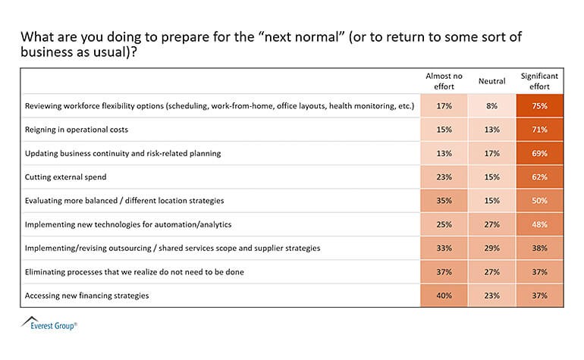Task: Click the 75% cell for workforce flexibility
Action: [539, 105]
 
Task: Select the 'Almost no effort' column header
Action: [444, 81]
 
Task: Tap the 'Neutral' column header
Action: [491, 81]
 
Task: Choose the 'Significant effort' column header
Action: [539, 81]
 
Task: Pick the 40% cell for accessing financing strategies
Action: [444, 296]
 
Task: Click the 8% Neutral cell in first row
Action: [491, 105]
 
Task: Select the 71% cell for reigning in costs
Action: [539, 129]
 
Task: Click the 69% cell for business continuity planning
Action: [539, 152]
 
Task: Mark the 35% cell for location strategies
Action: [444, 200]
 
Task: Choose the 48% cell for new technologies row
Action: [539, 224]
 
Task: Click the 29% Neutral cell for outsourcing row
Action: [491, 248]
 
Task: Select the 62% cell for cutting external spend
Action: [539, 177]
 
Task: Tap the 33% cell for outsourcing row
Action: [444, 248]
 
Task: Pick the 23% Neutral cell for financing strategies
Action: [491, 296]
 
